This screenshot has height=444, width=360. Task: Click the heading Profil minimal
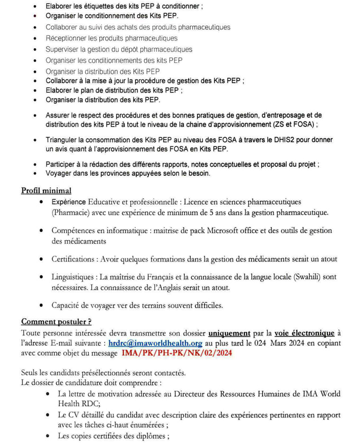tap(46, 191)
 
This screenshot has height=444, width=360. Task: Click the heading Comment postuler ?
tap(56, 322)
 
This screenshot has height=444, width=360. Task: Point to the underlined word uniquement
tap(229, 332)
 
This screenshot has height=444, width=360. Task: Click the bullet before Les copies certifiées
tap(47, 436)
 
